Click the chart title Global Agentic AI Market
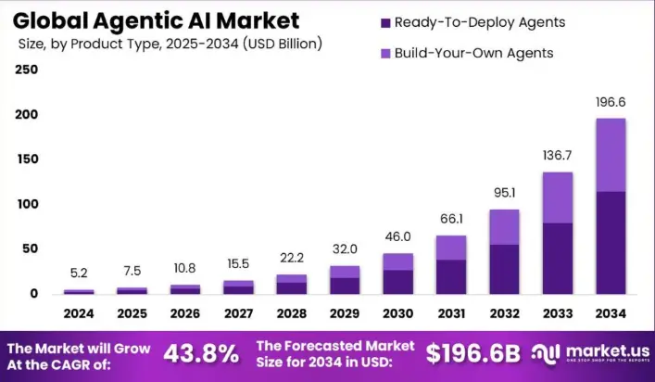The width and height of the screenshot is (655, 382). click(157, 19)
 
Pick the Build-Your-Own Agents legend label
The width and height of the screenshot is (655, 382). click(473, 53)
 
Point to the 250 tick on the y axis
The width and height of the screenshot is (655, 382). click(27, 70)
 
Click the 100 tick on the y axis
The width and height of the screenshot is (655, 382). click(27, 204)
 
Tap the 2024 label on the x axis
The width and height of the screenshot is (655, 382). click(79, 314)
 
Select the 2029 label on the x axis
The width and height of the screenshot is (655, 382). click(345, 314)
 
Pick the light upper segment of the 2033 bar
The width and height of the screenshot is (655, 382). click(557, 197)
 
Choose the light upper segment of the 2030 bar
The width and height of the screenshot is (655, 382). click(397, 261)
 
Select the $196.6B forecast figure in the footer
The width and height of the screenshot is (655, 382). click(472, 353)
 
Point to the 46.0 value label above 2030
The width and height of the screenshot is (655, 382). click(397, 237)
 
